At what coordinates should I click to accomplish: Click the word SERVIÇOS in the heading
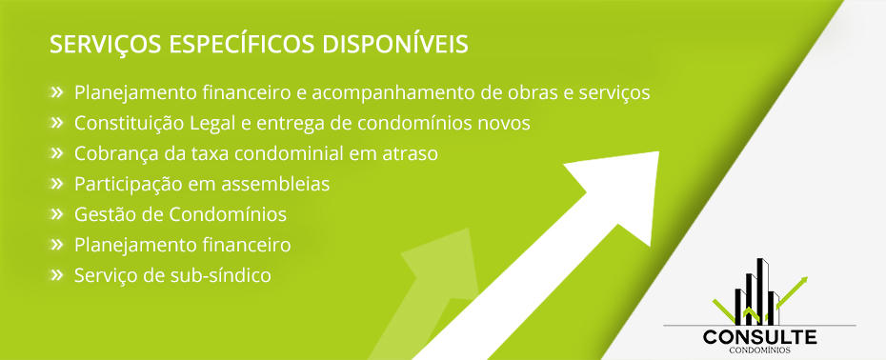108,45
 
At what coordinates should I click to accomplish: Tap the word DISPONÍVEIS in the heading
395,44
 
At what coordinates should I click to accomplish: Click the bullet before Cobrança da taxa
56,152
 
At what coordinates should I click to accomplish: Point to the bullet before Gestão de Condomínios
56,213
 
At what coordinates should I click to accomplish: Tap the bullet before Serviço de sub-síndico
56,274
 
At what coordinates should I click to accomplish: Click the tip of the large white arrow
658,152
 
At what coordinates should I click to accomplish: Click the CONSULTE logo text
759,337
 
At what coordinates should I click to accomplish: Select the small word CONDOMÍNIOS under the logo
759,350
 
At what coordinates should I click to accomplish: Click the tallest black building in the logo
762,291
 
